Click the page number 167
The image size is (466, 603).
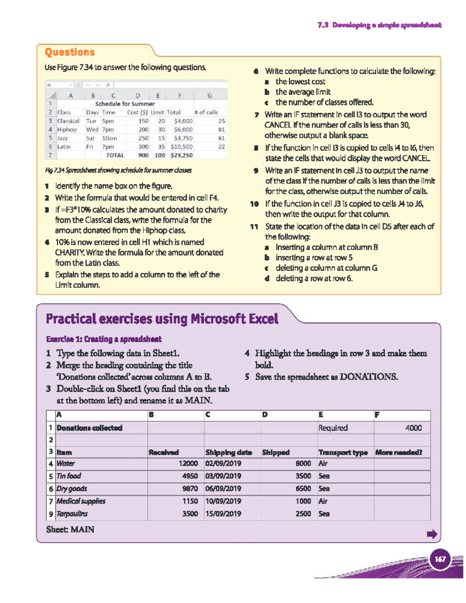click(x=440, y=559)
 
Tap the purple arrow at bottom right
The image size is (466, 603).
click(x=432, y=534)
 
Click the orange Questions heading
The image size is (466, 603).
click(x=70, y=52)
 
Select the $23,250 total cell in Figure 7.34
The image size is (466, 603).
click(x=181, y=155)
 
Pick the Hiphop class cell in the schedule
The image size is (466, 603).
click(x=67, y=130)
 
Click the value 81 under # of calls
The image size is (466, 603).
click(x=221, y=130)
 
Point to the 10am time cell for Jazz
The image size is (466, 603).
click(x=109, y=138)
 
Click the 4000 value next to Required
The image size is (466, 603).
click(x=413, y=428)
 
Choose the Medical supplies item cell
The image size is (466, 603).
click(x=81, y=501)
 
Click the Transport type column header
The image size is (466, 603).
click(x=343, y=452)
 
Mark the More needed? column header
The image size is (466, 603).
click(x=398, y=452)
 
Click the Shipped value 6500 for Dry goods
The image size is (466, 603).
click(x=303, y=488)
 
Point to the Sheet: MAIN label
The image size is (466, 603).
click(x=70, y=530)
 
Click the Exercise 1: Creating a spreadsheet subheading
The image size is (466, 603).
click(x=104, y=339)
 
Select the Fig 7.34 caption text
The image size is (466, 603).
click(x=118, y=170)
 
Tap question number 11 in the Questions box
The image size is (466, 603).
click(x=254, y=227)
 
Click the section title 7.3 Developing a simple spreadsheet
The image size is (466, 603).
click(x=379, y=25)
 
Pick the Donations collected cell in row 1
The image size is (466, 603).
click(x=89, y=428)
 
